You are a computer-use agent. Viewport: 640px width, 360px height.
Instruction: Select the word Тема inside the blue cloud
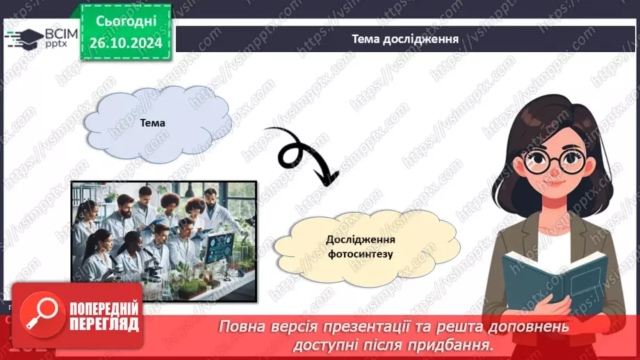[x=153, y=123]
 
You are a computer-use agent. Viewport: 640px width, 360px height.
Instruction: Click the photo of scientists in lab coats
[x=164, y=242]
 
